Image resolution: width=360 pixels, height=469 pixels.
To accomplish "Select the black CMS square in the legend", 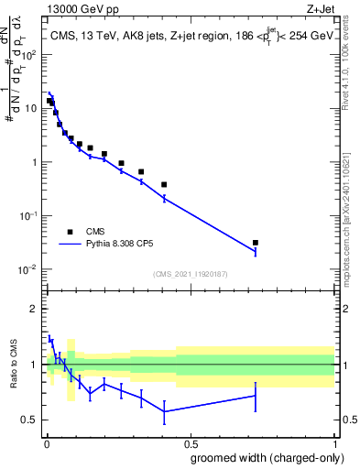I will pyautogui.click(x=70, y=232).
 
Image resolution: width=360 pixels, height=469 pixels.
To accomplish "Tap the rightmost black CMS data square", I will pyautogui.click(x=256, y=243).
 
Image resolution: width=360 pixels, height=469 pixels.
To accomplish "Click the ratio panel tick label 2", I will pyautogui.click(x=35, y=309).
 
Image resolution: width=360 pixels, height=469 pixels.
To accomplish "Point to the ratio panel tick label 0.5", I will pyautogui.click(x=30, y=420).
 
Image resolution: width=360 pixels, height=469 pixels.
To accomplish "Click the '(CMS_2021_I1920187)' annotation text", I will pyautogui.click(x=190, y=274).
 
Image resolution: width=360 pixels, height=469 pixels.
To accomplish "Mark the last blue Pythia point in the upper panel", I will pyautogui.click(x=256, y=251).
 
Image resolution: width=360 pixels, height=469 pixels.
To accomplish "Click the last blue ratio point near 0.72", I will pyautogui.click(x=256, y=396).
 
